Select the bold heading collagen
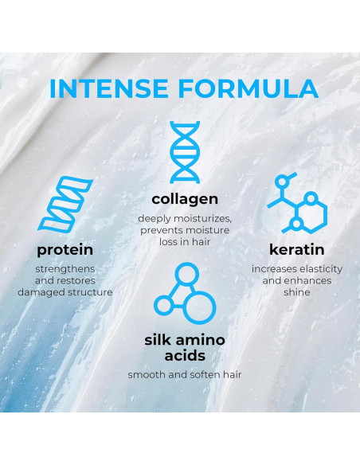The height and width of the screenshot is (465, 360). click(185, 197)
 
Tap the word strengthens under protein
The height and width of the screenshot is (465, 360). click(65, 268)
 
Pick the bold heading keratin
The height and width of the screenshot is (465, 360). click(296, 249)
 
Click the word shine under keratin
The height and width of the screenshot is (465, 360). click(296, 292)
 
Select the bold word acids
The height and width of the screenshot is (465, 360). click(185, 355)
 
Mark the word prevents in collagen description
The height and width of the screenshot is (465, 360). click(160, 230)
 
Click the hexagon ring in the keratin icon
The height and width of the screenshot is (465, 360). click(309, 213)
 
